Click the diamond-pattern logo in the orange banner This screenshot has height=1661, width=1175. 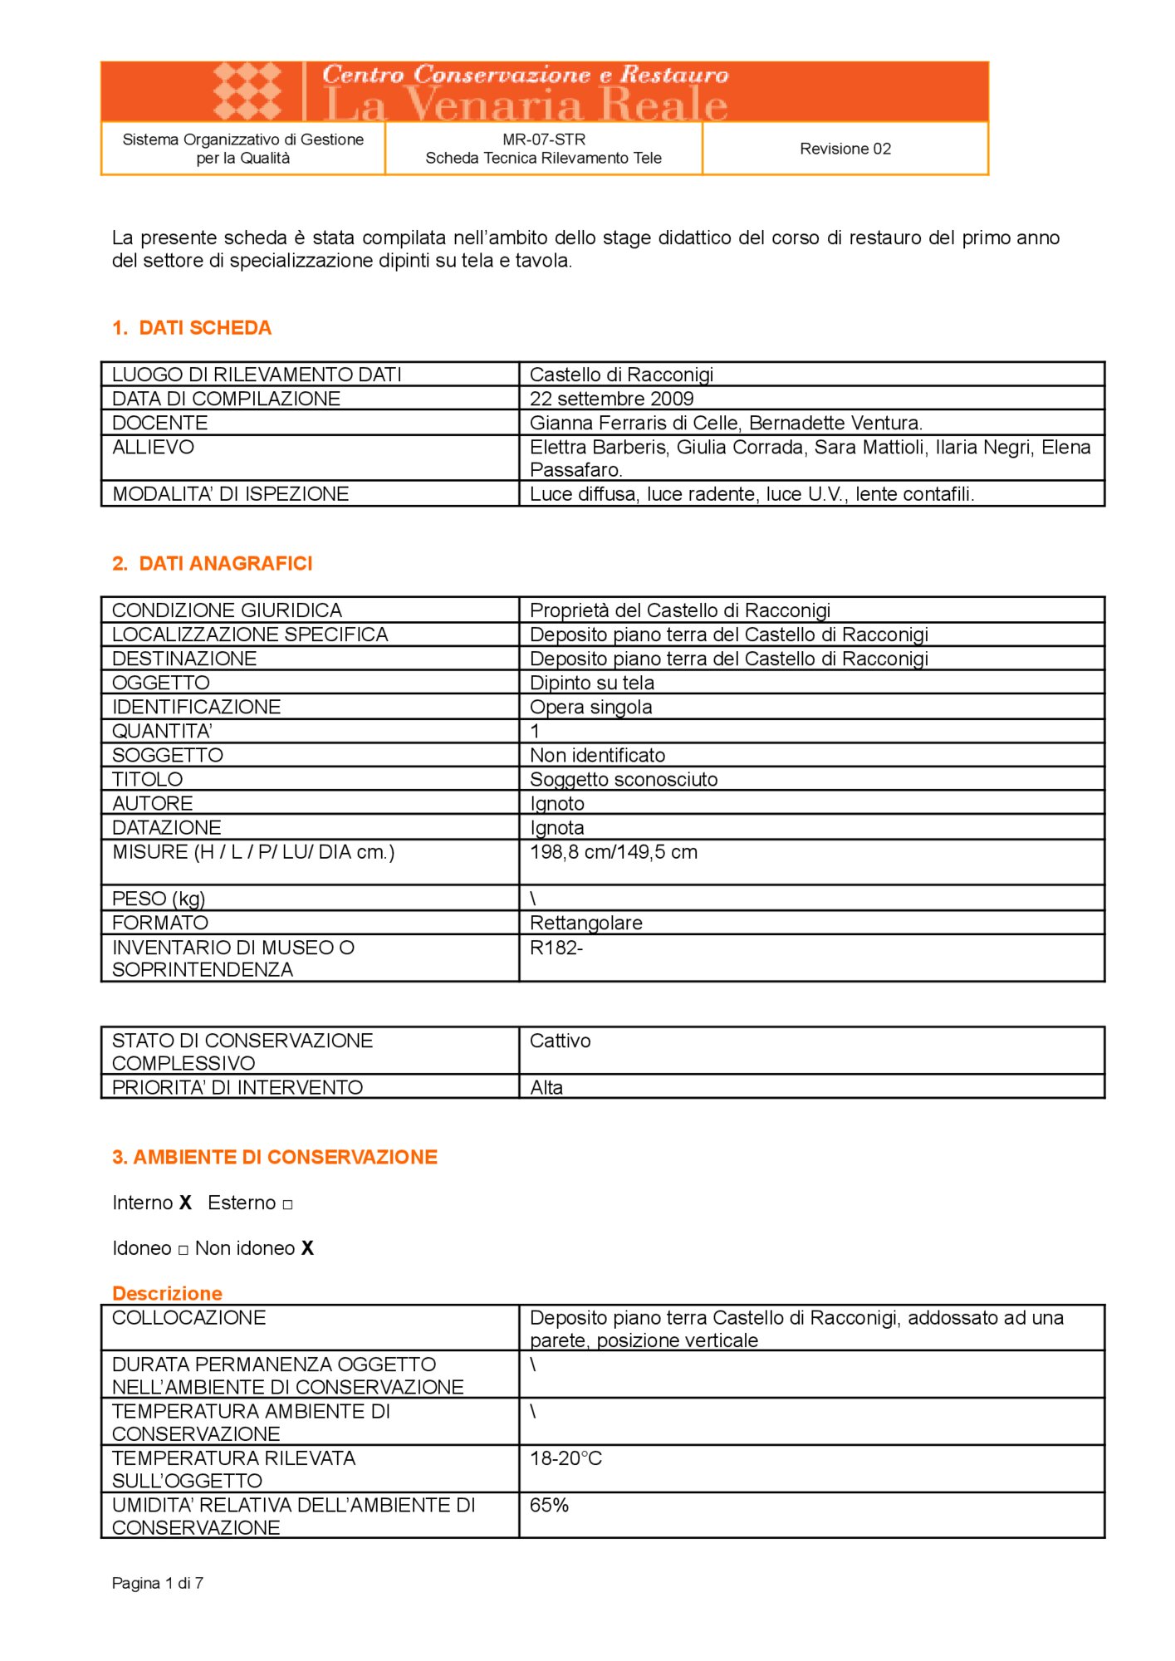[247, 91]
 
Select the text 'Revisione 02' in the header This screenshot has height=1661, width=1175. [845, 149]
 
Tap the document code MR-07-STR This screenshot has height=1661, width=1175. [544, 140]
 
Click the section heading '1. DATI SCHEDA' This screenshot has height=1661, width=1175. [192, 328]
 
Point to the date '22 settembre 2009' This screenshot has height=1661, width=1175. [611, 399]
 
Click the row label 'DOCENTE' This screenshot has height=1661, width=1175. [159, 423]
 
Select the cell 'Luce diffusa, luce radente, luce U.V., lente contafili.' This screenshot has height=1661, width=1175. [752, 494]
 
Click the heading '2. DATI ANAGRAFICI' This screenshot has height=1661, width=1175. [213, 564]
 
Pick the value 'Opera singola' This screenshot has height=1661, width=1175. [590, 707]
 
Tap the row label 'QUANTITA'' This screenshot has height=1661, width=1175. [162, 731]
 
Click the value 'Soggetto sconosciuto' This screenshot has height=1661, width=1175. [624, 779]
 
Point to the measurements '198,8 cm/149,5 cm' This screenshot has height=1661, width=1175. [613, 852]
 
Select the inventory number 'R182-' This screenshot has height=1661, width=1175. [556, 948]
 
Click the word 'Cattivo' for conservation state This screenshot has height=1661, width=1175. [560, 1041]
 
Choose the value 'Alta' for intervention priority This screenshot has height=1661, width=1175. [546, 1087]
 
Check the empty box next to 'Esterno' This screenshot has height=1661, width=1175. [287, 1204]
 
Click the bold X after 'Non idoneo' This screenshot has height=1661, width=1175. [307, 1248]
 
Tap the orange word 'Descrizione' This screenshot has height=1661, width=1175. [167, 1293]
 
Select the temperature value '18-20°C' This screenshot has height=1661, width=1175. [565, 1458]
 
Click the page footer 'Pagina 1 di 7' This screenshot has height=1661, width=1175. [158, 1584]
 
